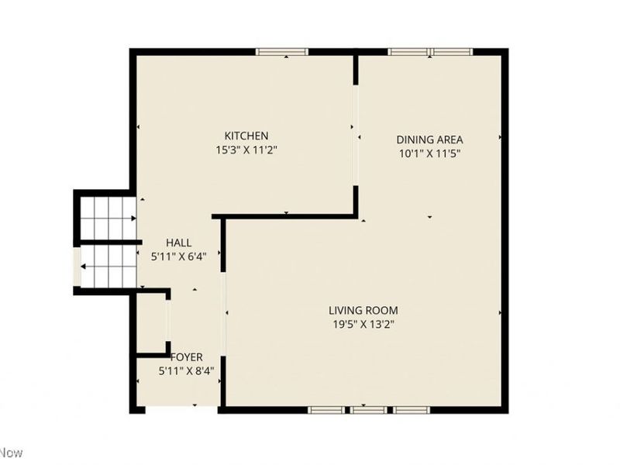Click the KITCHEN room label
[x=246, y=136]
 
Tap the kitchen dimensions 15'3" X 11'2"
[x=246, y=150]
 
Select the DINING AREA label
[x=429, y=139]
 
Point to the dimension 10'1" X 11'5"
[x=429, y=153]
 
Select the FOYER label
[x=186, y=357]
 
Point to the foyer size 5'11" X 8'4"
[x=186, y=370]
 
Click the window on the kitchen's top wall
[x=282, y=52]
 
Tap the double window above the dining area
[x=430, y=52]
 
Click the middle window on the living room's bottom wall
[x=369, y=408]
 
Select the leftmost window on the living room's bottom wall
[x=325, y=408]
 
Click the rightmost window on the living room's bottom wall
[x=411, y=408]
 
